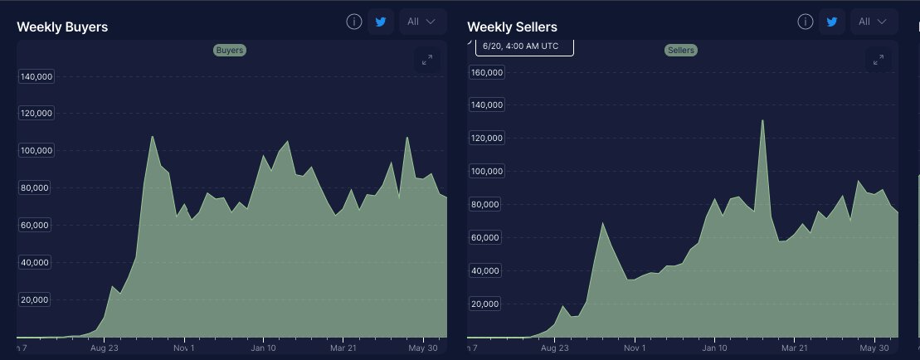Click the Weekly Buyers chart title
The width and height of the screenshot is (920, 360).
62,27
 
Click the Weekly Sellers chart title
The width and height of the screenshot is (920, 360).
512,27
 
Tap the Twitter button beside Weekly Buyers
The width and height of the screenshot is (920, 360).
381,22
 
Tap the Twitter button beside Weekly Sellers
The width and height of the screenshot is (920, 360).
832,22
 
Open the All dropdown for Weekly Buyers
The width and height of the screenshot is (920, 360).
422,22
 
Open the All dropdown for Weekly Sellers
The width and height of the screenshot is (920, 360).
874,22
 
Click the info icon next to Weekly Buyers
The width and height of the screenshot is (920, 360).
354,22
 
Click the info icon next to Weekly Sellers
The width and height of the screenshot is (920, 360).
806,22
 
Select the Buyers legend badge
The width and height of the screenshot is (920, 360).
229,51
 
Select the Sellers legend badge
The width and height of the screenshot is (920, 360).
680,51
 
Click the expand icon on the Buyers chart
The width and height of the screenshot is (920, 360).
427,60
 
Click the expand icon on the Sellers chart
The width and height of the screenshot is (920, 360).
879,60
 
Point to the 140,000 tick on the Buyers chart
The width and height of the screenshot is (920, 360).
36,76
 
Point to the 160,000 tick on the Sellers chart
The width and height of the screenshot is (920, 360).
487,72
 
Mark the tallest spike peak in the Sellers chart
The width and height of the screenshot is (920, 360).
762,120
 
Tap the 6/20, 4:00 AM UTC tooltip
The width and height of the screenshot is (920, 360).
523,46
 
